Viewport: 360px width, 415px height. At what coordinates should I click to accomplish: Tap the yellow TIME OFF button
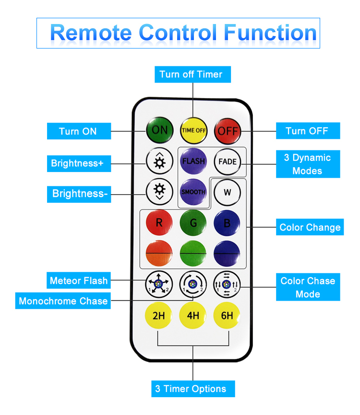click(x=193, y=131)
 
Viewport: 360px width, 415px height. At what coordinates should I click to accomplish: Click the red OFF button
click(x=228, y=131)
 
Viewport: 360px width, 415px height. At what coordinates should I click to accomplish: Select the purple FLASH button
click(x=193, y=161)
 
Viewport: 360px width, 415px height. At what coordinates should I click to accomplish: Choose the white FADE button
click(x=228, y=161)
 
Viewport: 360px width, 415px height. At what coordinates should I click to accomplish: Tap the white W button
click(x=227, y=192)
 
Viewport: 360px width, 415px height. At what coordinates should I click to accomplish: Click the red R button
click(x=159, y=222)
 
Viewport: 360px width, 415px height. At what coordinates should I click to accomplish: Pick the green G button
click(x=193, y=223)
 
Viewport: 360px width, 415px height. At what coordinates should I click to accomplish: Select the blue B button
click(x=227, y=223)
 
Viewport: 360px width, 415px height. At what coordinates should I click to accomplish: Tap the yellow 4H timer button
click(x=193, y=316)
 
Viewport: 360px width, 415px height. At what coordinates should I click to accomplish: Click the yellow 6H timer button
click(x=227, y=316)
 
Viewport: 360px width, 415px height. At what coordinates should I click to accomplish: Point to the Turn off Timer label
click(x=192, y=74)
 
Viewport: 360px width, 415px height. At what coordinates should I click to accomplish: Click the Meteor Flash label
click(x=79, y=281)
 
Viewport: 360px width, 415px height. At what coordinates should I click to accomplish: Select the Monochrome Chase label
click(x=63, y=301)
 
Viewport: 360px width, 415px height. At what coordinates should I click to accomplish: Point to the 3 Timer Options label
click(x=193, y=389)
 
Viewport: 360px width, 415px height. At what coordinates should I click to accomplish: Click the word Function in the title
click(x=270, y=33)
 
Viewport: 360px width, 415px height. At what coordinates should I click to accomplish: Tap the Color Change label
click(x=310, y=227)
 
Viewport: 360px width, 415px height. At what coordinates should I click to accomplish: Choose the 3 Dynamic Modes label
click(x=308, y=164)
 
